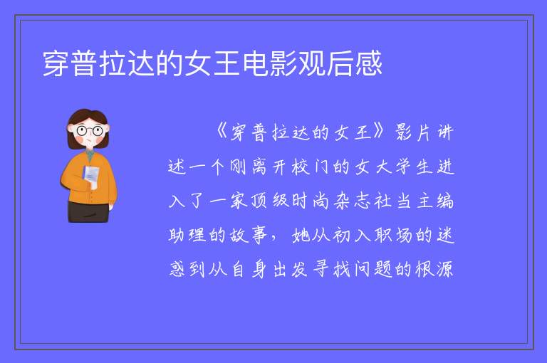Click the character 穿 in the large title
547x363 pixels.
(x=56, y=63)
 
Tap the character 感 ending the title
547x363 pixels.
(x=369, y=63)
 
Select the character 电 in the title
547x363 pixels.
(x=255, y=63)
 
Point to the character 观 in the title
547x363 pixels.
(x=312, y=63)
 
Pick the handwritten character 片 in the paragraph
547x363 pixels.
(x=424, y=132)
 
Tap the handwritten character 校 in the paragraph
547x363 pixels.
(x=301, y=167)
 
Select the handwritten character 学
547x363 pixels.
(x=404, y=167)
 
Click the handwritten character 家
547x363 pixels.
(x=239, y=201)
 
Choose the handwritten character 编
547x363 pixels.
(x=444, y=201)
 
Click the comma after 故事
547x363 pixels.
(x=273, y=238)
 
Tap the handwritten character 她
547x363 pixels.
(x=301, y=235)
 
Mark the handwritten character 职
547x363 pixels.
(x=383, y=235)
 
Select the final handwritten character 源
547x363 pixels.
(x=444, y=269)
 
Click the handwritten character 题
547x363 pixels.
(x=383, y=269)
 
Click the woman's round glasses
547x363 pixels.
(x=89, y=131)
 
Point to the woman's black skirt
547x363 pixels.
(x=88, y=211)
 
